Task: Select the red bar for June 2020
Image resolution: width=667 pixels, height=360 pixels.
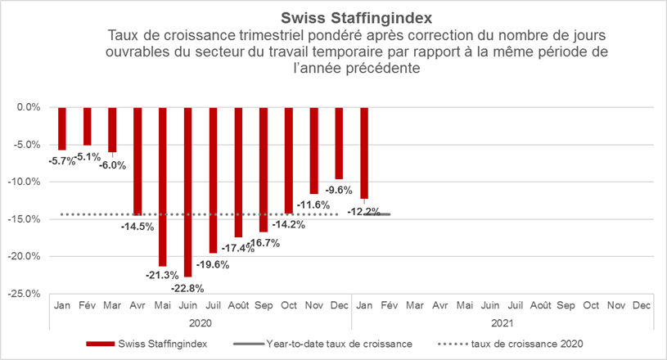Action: [187, 191]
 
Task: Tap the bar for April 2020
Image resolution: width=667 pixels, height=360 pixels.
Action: [137, 160]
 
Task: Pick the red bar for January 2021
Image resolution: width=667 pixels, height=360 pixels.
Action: [364, 152]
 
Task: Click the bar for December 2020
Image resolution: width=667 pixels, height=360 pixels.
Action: [339, 142]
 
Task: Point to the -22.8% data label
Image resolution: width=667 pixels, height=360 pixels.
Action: [187, 287]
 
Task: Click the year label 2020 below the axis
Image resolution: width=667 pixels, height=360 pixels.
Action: [201, 322]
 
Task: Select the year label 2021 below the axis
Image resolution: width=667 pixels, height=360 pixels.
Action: [501, 322]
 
